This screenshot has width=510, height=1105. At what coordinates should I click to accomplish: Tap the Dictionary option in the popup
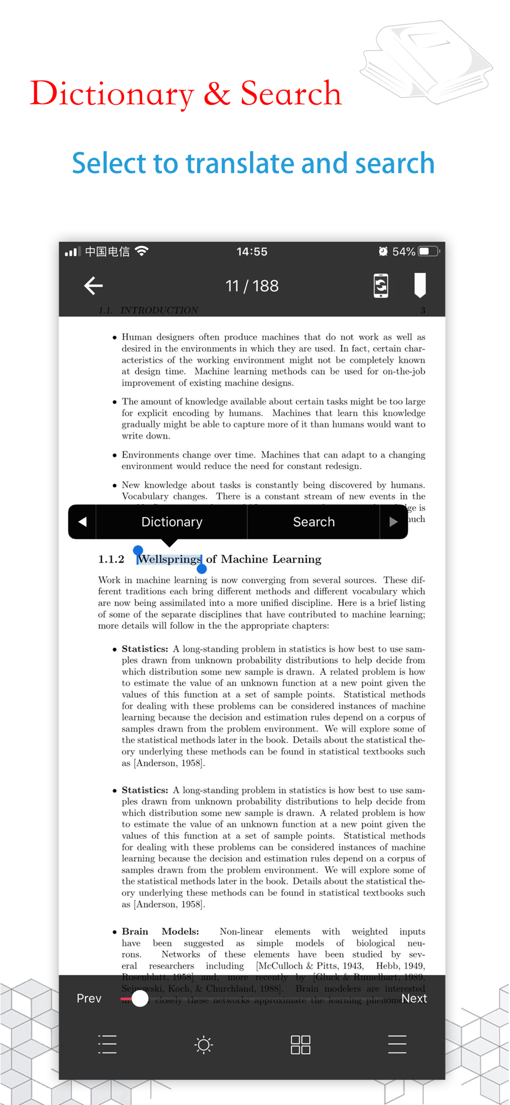coord(172,522)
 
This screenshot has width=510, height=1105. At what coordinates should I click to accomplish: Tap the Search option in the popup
coord(314,522)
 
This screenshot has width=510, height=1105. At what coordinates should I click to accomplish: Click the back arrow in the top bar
coord(93,286)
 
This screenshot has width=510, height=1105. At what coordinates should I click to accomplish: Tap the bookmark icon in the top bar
coord(419,285)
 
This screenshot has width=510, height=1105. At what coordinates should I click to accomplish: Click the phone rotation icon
coord(381,286)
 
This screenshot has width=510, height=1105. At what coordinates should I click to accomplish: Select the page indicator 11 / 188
coord(252,286)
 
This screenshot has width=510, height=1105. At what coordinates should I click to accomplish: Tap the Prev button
coord(89,998)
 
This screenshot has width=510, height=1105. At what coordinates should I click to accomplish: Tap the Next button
coord(414,998)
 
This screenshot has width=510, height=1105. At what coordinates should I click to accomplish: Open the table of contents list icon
coord(107,1044)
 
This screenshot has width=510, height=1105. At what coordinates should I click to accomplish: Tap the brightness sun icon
coord(204,1044)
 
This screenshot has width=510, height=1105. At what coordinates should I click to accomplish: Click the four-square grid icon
coord(300,1044)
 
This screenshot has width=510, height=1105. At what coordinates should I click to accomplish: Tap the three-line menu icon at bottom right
coord(397,1044)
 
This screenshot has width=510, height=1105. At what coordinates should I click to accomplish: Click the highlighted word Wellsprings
coord(169,559)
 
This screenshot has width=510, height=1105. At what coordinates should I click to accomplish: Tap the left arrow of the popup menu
coord(82,522)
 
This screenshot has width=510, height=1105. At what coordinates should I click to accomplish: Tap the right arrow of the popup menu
coord(393,522)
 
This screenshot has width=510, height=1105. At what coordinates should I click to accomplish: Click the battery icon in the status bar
coord(429,252)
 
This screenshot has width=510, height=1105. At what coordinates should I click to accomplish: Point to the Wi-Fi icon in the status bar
coord(142,251)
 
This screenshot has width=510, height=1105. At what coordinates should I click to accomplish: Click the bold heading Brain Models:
coord(160,932)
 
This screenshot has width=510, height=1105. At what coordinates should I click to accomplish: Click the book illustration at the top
coord(428,61)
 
